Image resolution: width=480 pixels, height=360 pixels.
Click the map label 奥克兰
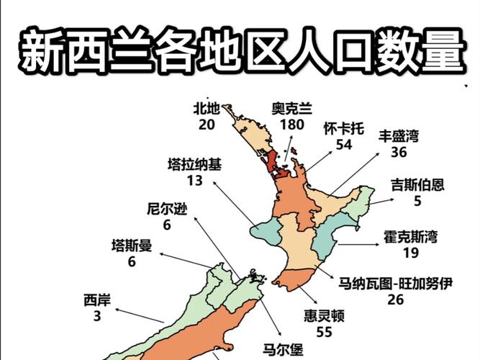(292, 109)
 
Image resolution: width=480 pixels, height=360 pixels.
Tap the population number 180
(292, 124)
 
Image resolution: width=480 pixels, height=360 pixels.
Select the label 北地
(206, 108)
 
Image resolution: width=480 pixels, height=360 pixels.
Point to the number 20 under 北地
(206, 124)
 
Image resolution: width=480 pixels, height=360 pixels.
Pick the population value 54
(344, 145)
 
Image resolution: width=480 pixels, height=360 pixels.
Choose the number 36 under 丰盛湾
(399, 152)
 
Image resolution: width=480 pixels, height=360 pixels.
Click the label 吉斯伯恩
(417, 184)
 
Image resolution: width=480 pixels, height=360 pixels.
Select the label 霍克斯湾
(411, 236)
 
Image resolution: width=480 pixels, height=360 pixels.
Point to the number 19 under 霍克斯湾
(411, 253)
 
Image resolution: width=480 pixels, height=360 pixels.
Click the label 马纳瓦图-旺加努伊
(395, 284)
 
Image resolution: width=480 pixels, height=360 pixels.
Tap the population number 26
(395, 300)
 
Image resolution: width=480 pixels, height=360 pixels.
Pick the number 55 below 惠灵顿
(324, 332)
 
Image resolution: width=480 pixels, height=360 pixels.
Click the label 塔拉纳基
(195, 164)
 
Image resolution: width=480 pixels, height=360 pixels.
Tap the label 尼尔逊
(167, 210)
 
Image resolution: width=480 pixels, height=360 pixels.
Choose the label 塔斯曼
(132, 246)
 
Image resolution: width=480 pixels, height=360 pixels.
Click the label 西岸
(97, 300)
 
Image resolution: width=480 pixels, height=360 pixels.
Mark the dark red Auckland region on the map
(273, 163)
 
